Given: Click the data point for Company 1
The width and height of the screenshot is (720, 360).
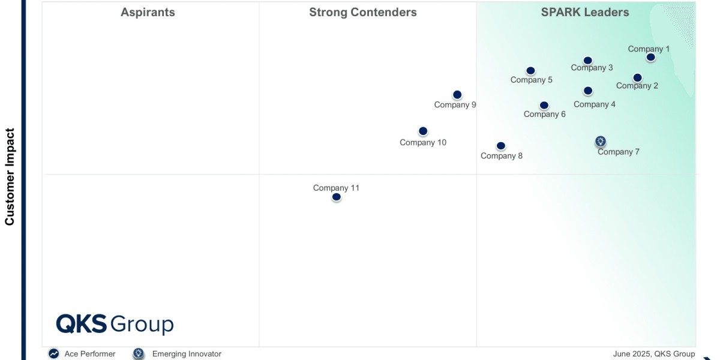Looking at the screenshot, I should [x=650, y=58].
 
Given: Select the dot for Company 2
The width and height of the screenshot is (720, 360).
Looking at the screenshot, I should [x=637, y=78].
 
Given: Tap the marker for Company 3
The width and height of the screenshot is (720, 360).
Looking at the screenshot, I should [x=588, y=61].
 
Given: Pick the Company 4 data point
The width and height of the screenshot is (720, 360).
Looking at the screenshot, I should [x=588, y=91].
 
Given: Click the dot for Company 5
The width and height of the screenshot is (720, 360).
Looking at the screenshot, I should [x=530, y=71].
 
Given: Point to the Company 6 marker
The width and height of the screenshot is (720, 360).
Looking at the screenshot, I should [x=544, y=106].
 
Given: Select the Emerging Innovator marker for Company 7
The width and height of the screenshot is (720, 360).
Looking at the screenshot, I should [x=601, y=142].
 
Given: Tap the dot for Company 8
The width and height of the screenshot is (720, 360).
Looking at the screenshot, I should [x=501, y=146].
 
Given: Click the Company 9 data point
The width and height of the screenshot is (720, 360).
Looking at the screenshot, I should [x=457, y=95].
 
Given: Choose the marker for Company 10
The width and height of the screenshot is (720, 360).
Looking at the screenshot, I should [x=423, y=131].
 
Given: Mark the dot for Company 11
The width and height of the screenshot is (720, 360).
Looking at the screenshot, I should [x=337, y=197].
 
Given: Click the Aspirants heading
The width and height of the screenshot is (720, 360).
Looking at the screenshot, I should [x=148, y=13].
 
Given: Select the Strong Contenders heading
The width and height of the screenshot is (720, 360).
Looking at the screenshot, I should [x=363, y=13].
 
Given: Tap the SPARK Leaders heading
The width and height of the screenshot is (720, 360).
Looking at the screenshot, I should [x=585, y=13].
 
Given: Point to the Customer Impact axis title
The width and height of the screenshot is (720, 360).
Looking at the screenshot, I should [x=10, y=176].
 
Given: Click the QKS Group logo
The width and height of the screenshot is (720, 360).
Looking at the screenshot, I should [x=115, y=324].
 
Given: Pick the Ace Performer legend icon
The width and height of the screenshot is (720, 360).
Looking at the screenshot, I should [x=54, y=354].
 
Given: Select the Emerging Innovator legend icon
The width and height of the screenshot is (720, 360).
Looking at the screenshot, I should [x=139, y=354].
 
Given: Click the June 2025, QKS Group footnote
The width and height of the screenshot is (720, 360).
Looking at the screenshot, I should [x=654, y=354].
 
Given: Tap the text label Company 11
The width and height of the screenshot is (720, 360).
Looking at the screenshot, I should [x=336, y=188].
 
